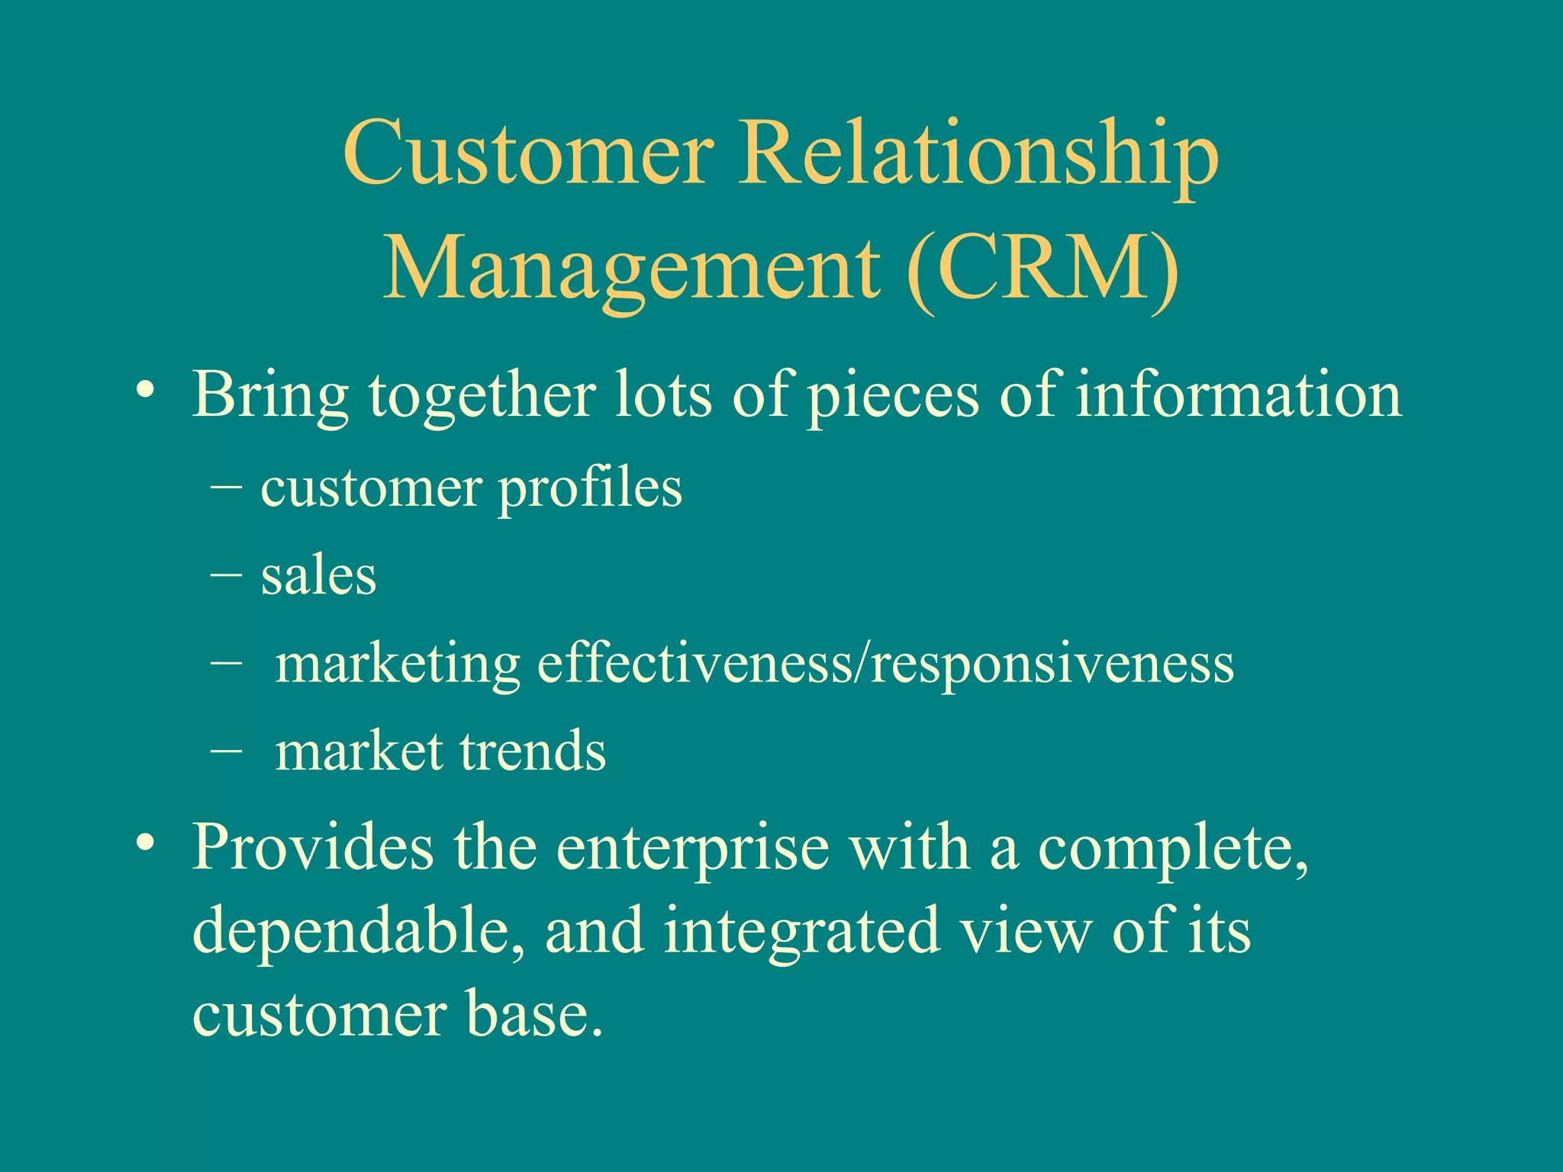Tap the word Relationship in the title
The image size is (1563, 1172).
[x=978, y=154]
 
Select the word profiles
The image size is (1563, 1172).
[x=590, y=490]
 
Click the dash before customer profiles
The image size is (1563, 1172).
[x=226, y=485]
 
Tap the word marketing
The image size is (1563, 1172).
[x=398, y=665]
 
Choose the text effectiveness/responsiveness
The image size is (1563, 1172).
[x=885, y=663]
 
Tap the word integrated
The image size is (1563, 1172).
[x=801, y=932]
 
